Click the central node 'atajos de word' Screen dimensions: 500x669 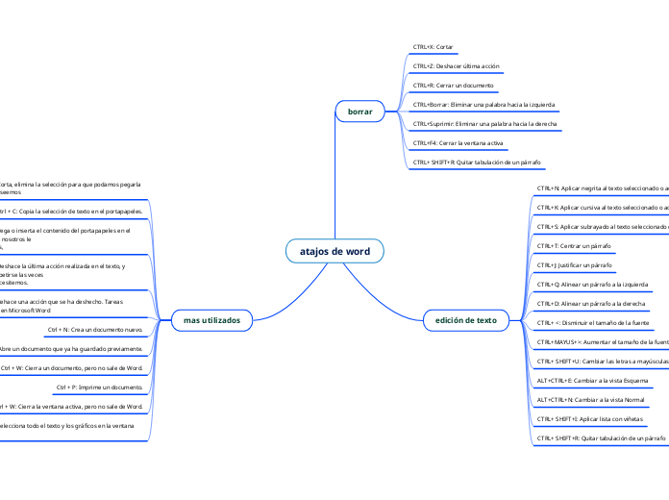point(334,252)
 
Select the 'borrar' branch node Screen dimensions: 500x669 point(359,112)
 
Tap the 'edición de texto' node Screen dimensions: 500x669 point(466,319)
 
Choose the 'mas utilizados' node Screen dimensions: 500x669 point(211,319)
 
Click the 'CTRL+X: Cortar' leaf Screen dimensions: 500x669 point(434,46)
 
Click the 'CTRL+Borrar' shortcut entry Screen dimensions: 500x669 point(483,104)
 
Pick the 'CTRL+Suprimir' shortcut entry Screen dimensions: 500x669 point(487,123)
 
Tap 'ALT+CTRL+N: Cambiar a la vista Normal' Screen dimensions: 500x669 point(590,399)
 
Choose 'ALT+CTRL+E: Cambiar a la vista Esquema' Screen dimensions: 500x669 point(592,380)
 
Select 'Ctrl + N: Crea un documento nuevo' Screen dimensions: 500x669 point(108,329)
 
